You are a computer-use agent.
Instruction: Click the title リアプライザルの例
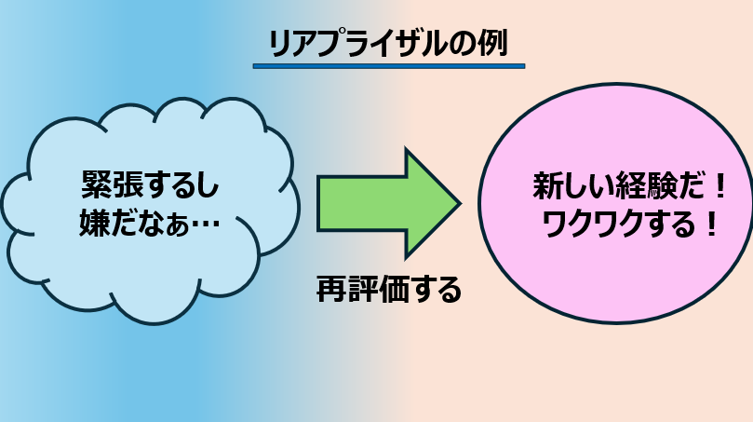coord(388,43)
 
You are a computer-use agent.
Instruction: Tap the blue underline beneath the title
coord(389,66)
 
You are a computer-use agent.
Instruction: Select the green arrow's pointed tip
coord(460,203)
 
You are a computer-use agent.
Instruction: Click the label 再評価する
coord(389,289)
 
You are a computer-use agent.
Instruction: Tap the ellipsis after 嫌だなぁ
coord(205,224)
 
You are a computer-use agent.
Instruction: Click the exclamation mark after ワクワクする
coord(711,224)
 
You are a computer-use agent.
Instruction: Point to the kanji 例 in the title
coord(492,43)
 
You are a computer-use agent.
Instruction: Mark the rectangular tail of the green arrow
coord(362,204)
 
